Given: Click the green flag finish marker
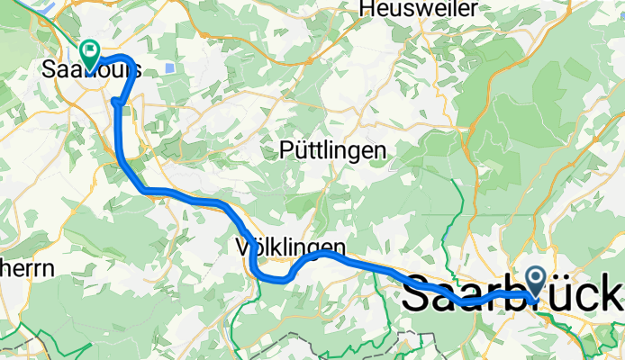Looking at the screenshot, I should click(90, 53).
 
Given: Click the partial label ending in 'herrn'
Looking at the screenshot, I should click(27, 267).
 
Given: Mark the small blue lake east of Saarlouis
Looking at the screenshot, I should click(170, 68).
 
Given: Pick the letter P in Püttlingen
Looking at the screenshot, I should click(285, 150).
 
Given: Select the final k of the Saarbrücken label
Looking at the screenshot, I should click(612, 293).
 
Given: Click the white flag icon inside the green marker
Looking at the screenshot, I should click(90, 49).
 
